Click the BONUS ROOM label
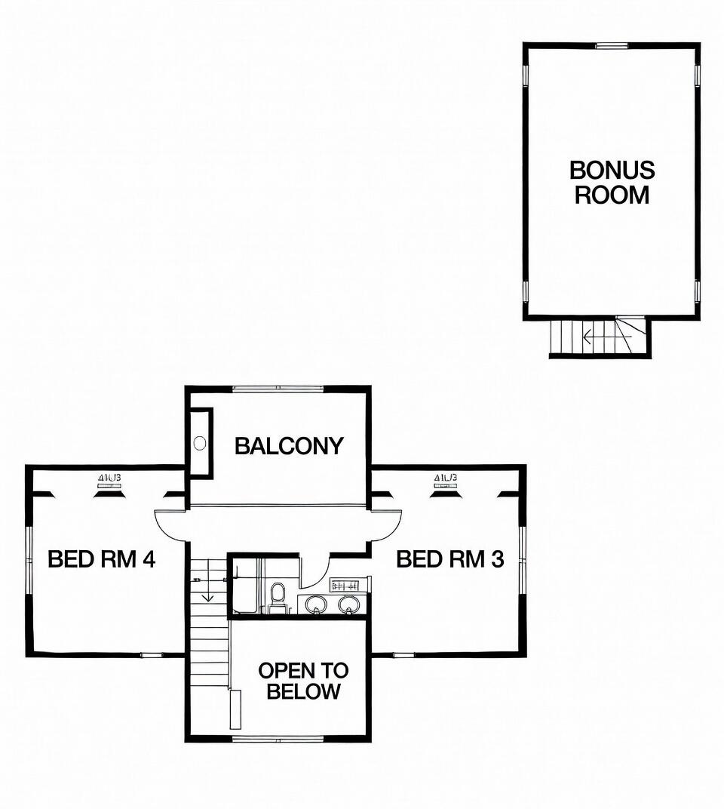pyautogui.click(x=612, y=183)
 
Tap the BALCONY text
pyautogui.click(x=289, y=446)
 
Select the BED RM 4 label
pyautogui.click(x=101, y=559)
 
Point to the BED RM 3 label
pyautogui.click(x=449, y=559)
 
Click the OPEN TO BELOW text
pyautogui.click(x=303, y=681)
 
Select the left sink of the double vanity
pyautogui.click(x=315, y=604)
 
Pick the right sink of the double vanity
pyautogui.click(x=348, y=604)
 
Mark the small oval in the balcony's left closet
pyautogui.click(x=200, y=443)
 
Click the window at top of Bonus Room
pyautogui.click(x=612, y=46)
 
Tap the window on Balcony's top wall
pyautogui.click(x=278, y=389)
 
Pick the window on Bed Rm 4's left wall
pyautogui.click(x=29, y=559)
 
